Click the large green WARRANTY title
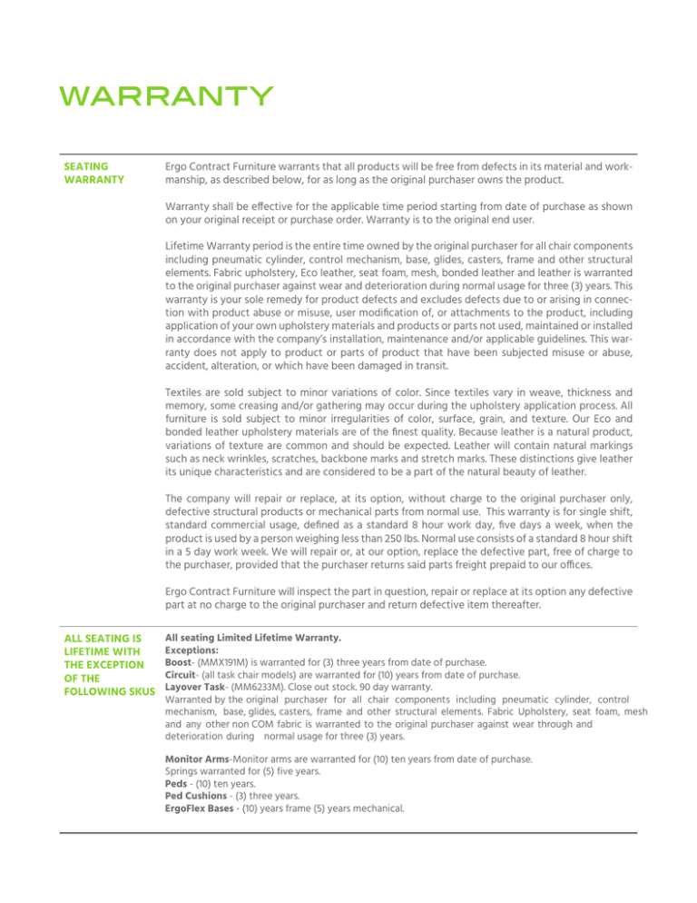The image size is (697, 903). point(162,94)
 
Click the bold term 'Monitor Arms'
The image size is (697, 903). point(201,758)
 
